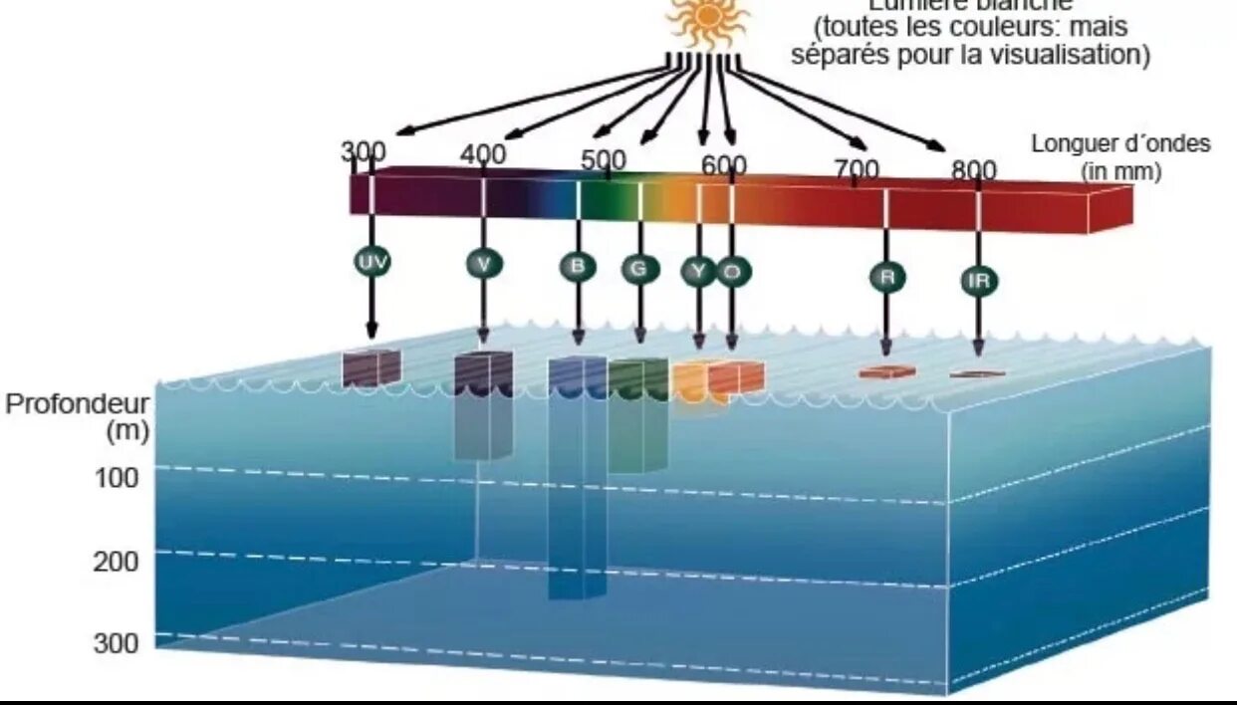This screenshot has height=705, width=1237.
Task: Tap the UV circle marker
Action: [x=371, y=262]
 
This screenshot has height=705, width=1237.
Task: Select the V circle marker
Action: [x=484, y=263]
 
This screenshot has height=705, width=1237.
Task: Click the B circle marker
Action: [x=578, y=266]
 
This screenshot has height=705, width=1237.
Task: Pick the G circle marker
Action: [x=639, y=268]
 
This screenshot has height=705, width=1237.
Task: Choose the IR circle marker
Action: [x=978, y=281]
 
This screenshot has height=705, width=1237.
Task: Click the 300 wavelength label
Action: [x=364, y=152]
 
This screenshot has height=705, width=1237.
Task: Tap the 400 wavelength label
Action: [x=483, y=154]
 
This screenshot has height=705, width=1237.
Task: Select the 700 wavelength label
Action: [x=857, y=169]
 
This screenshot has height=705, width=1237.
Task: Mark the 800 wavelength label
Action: [x=973, y=170]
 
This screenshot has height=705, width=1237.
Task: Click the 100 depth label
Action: [x=117, y=478]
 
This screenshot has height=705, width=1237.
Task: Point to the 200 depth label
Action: [x=117, y=562]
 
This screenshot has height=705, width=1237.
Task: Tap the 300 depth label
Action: [x=117, y=643]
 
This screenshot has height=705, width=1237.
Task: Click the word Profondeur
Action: [x=77, y=405]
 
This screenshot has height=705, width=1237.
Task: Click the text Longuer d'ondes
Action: [x=1120, y=143]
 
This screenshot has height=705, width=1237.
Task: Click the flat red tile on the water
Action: [x=886, y=372]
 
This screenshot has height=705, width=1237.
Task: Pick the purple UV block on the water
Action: [x=371, y=367]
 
